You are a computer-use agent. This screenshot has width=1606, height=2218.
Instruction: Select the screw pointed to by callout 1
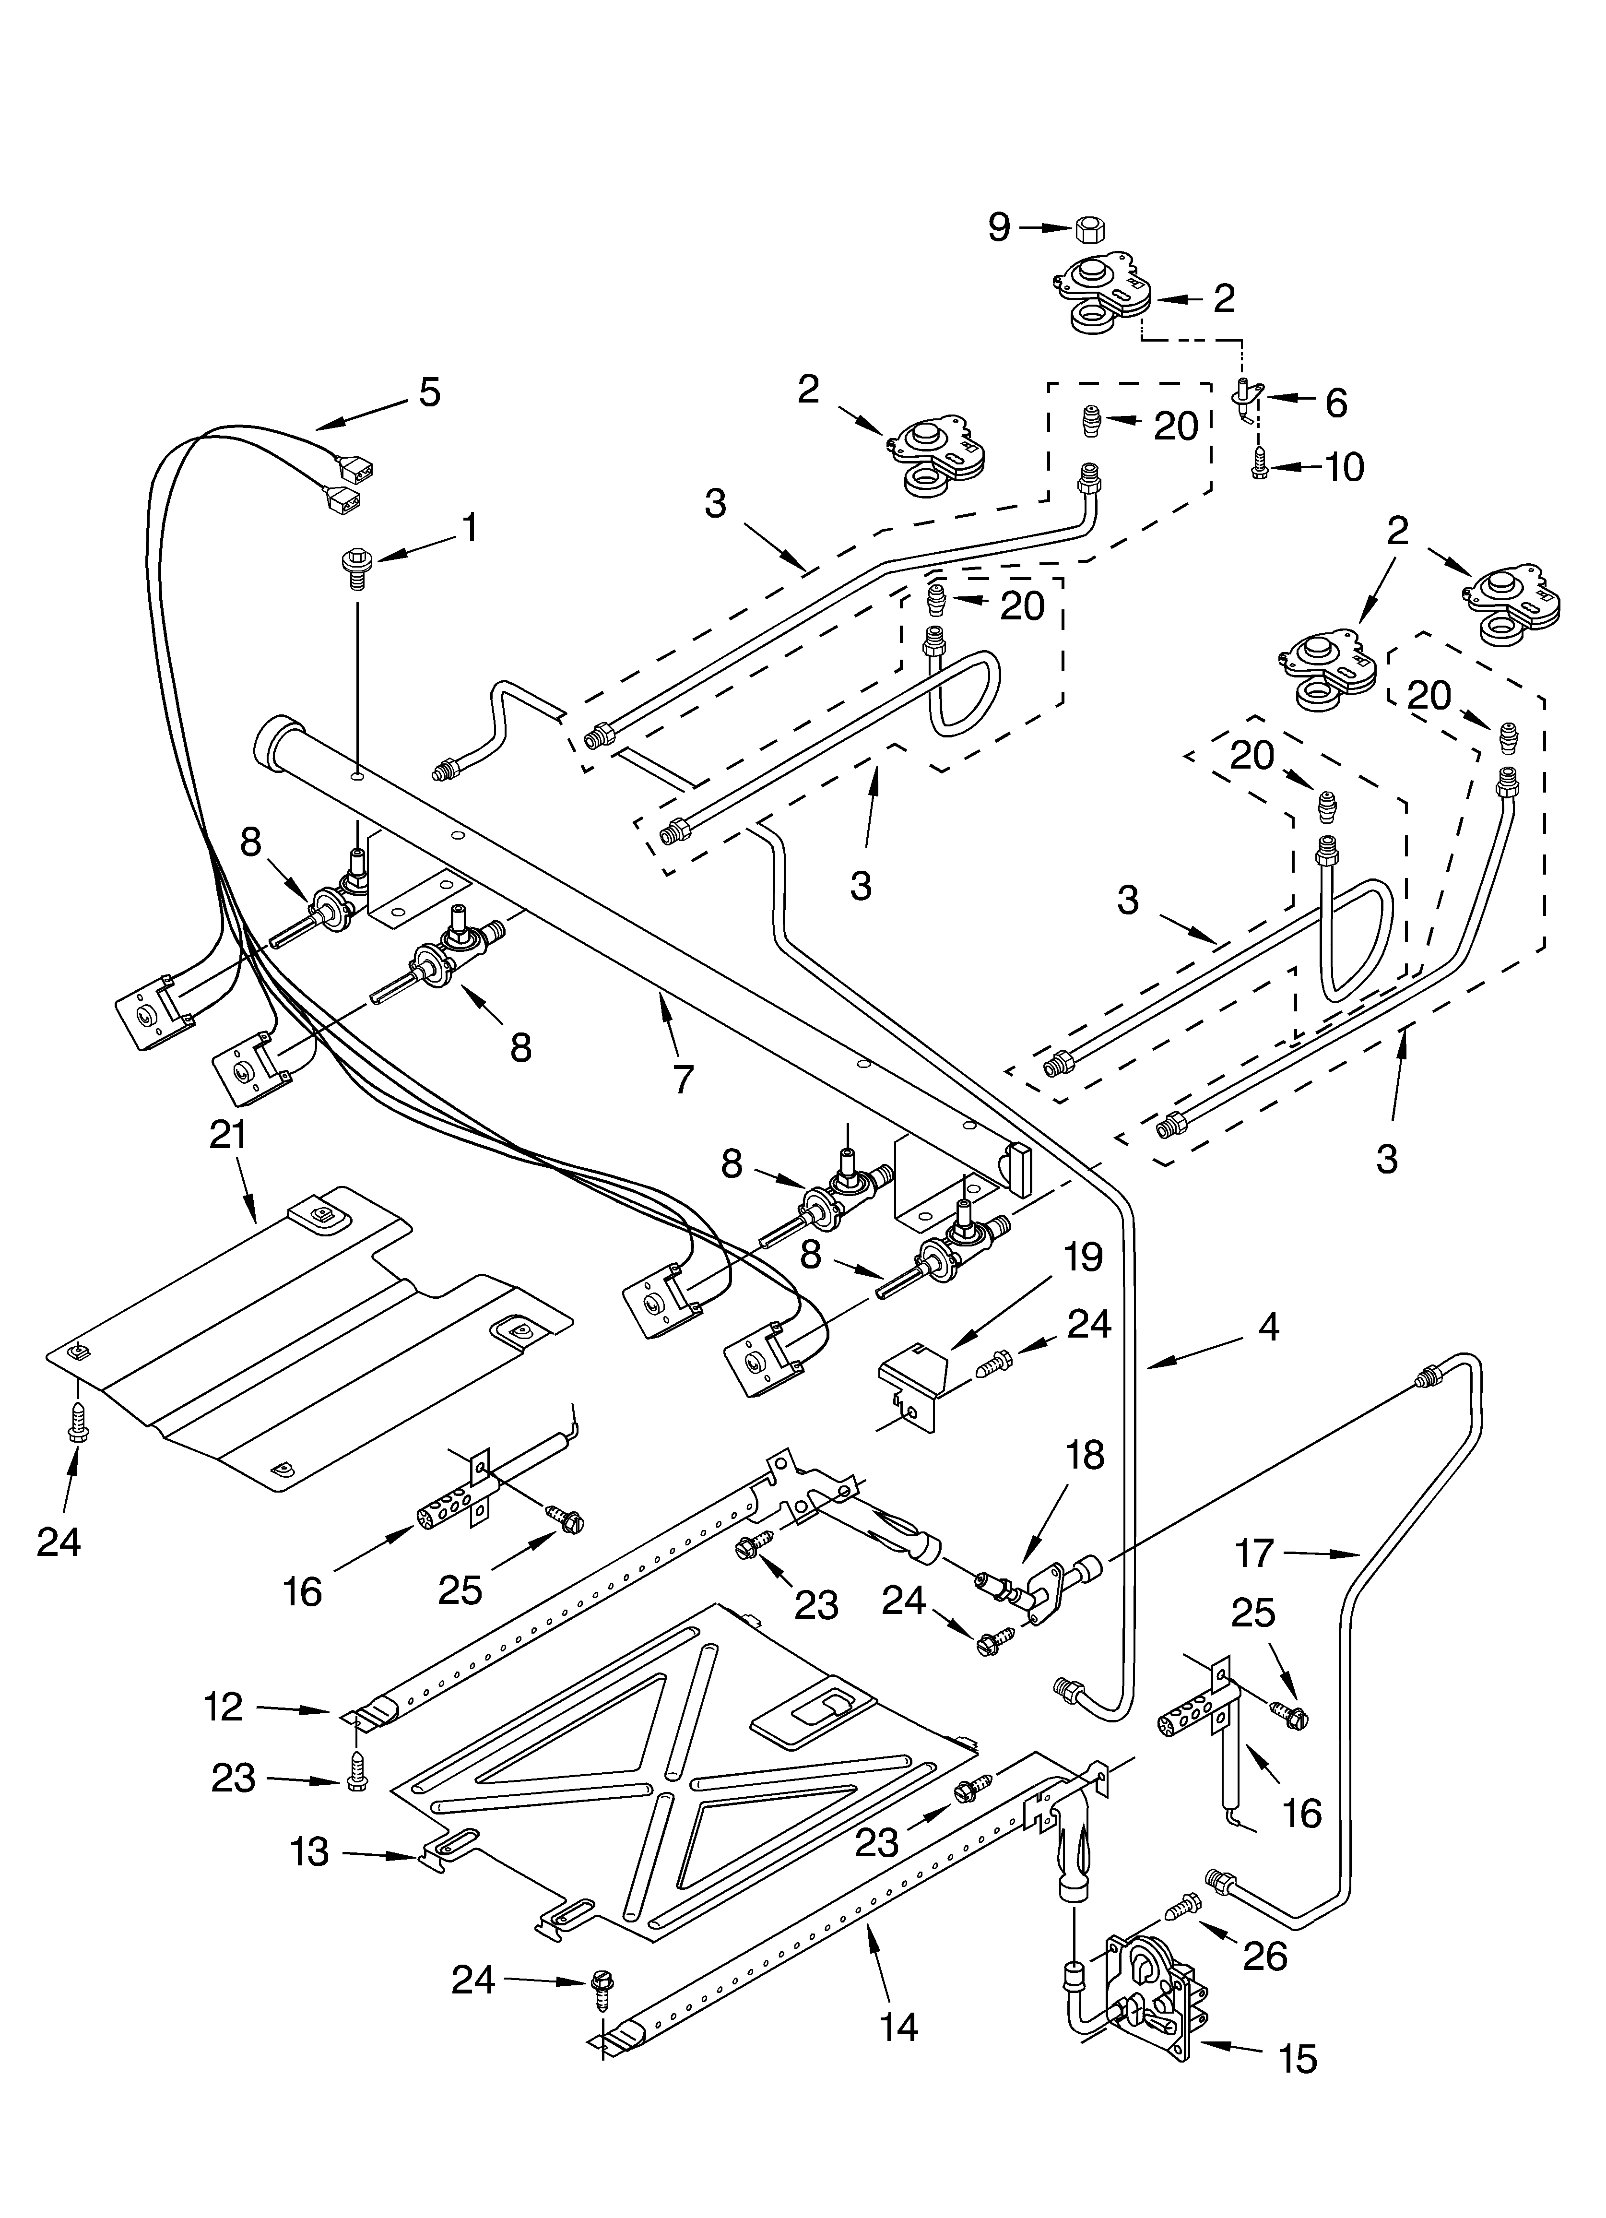point(356,568)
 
